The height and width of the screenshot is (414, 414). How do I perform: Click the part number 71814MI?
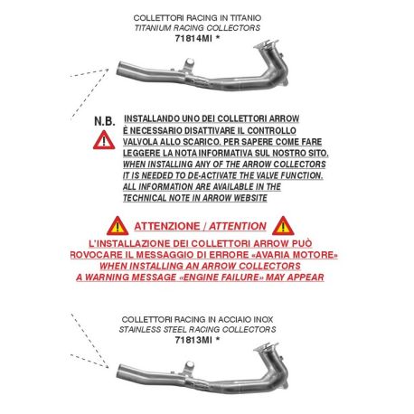193,39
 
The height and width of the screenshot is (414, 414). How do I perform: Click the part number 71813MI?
193,340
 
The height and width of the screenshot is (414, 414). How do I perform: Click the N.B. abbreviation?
105,121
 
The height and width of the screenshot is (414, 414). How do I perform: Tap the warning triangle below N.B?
104,140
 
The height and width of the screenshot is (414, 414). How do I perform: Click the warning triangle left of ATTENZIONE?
118,226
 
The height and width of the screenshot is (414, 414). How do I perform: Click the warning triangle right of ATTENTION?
283,226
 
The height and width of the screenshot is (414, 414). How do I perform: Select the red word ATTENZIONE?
167,226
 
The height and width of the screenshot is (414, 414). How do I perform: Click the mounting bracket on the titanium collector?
188,65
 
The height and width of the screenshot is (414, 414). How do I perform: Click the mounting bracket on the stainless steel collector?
188,368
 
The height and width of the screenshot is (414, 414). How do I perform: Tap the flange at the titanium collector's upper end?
266,44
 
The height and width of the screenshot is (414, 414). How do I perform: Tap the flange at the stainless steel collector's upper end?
266,347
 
